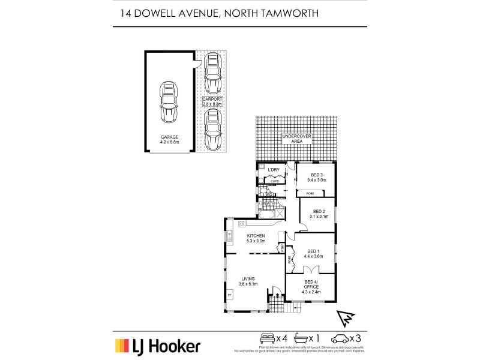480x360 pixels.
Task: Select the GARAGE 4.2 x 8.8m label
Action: click(x=169, y=140)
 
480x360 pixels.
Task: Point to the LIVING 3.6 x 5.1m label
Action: click(x=249, y=281)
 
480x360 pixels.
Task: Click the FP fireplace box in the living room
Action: click(x=229, y=295)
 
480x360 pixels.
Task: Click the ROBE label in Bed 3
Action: click(x=310, y=193)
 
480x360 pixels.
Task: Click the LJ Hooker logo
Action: click(x=157, y=346)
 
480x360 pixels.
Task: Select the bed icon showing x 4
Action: click(x=267, y=338)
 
